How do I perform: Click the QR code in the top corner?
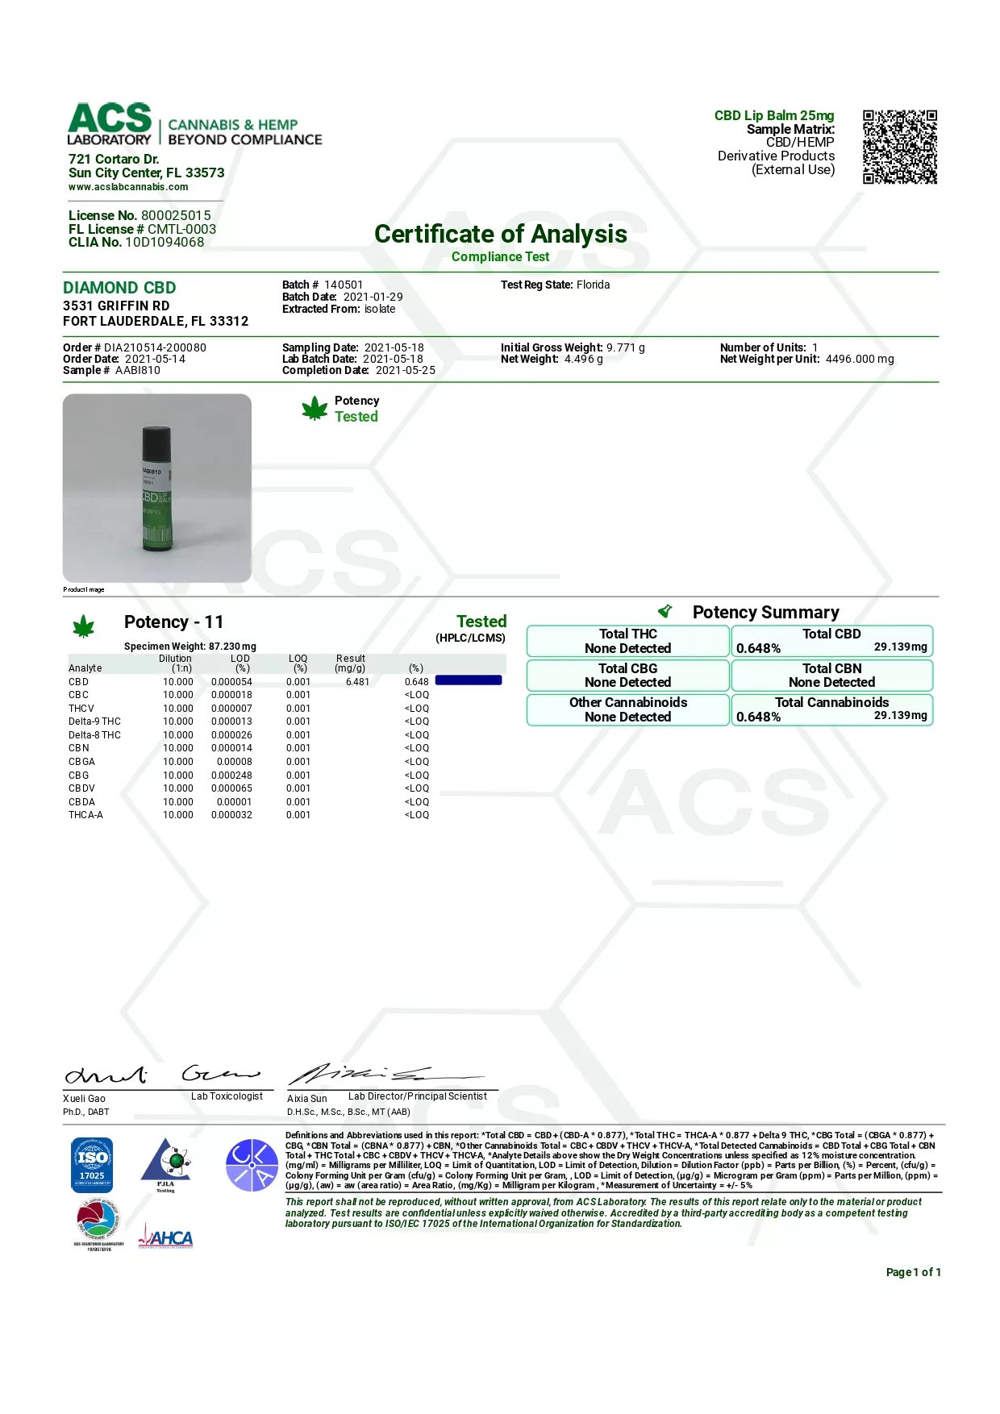pos(899,147)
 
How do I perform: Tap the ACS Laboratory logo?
pos(110,123)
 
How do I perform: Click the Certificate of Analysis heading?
pos(500,234)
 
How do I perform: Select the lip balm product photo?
pos(157,488)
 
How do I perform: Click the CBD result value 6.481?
pos(357,682)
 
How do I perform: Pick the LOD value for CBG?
pos(231,776)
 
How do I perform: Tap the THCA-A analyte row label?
pos(85,815)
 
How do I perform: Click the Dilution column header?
pos(176,663)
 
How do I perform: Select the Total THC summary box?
pos(627,641)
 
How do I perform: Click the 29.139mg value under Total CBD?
pos(900,647)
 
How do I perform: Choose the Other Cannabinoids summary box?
pos(627,709)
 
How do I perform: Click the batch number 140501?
pos(344,285)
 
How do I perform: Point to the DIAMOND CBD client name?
pos(119,288)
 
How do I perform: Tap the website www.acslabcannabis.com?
pos(128,187)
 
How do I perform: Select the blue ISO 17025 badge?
pos(92,1164)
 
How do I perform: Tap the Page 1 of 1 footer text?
pos(913,1272)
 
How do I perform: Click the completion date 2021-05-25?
pos(405,370)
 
